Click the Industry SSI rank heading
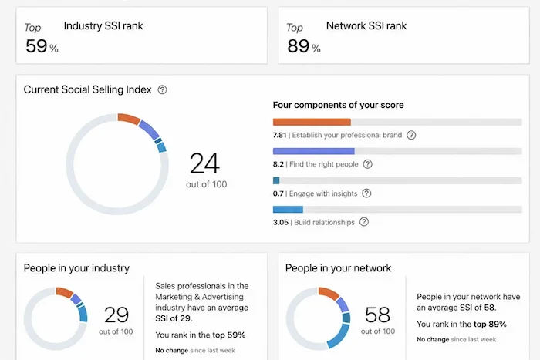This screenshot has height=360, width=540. [x=103, y=26]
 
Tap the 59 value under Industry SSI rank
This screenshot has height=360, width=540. [x=36, y=46]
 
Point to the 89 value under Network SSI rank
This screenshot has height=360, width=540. [x=298, y=46]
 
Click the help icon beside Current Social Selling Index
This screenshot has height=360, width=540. [x=162, y=89]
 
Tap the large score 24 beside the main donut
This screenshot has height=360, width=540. [x=205, y=163]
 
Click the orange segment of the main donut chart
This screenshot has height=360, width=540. [x=129, y=119]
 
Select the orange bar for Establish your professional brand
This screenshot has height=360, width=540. [x=312, y=122]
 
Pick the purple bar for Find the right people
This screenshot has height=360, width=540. [x=313, y=151]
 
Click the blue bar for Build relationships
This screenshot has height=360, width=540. [x=288, y=209]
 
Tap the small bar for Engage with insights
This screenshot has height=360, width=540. [x=276, y=180]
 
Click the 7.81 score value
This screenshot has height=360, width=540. [x=280, y=135]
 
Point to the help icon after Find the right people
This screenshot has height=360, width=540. [x=367, y=164]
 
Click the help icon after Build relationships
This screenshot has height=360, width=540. [x=363, y=222]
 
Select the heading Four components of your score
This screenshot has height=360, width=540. [x=338, y=105]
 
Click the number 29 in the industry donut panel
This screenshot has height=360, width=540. [x=116, y=315]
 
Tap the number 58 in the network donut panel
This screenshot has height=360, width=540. [x=377, y=315]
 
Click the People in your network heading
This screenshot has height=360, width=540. [x=338, y=268]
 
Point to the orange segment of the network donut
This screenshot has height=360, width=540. [x=328, y=293]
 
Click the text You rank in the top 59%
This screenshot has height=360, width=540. [x=201, y=335]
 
